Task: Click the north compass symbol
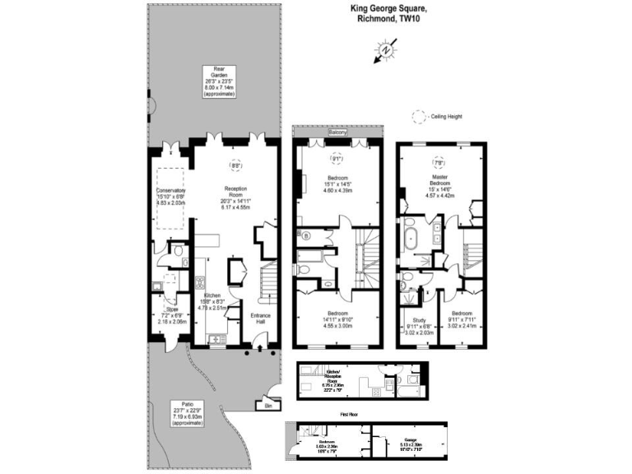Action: [384, 53]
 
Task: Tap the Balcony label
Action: [337, 132]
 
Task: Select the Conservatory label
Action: [172, 191]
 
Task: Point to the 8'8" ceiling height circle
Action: [236, 165]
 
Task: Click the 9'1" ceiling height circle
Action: [336, 156]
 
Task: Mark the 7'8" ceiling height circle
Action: [438, 163]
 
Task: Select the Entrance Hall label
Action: [261, 318]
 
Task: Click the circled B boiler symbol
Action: [307, 235]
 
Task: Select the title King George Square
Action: [384, 9]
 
